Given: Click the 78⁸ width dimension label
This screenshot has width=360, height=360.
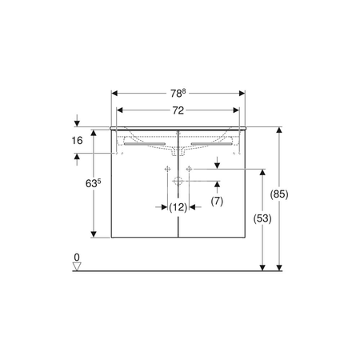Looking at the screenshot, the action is pyautogui.click(x=178, y=94).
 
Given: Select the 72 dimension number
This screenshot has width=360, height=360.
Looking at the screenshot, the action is pyautogui.click(x=178, y=110).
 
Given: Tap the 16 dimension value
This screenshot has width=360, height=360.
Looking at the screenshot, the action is pyautogui.click(x=77, y=141).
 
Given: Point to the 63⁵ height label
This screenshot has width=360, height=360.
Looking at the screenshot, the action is pyautogui.click(x=93, y=183).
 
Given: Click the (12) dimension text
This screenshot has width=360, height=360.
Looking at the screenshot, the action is pyautogui.click(x=178, y=207).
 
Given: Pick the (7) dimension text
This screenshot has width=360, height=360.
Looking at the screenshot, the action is pyautogui.click(x=217, y=201).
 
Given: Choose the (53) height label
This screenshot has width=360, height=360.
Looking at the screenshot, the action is pyautogui.click(x=262, y=218).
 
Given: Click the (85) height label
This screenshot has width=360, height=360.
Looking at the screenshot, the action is pyautogui.click(x=279, y=194).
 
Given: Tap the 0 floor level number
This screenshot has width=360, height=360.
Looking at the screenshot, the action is pyautogui.click(x=77, y=258).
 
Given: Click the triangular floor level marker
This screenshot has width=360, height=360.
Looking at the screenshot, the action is pyautogui.click(x=77, y=266).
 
